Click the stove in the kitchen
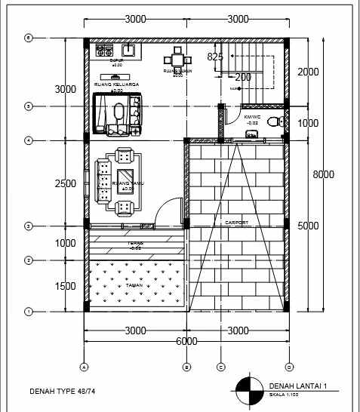pyautogui.click(x=103, y=51)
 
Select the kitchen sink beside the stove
pyautogui.click(x=128, y=51)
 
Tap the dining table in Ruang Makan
pyautogui.click(x=177, y=60)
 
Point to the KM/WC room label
pyautogui.click(x=251, y=118)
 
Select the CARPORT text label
pyautogui.click(x=236, y=223)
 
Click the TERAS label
pyautogui.click(x=136, y=243)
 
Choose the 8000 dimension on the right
pyautogui.click(x=324, y=174)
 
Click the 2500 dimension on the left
pyautogui.click(x=66, y=183)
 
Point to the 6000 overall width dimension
pyautogui.click(x=186, y=341)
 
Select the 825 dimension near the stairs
pyautogui.click(x=215, y=57)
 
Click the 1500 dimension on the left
pyautogui.click(x=66, y=286)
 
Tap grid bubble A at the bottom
pyautogui.click(x=83, y=367)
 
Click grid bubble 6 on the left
pyautogui.click(x=29, y=38)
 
